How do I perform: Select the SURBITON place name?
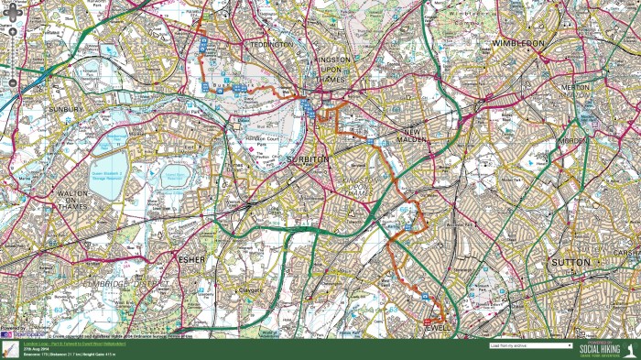308,159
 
